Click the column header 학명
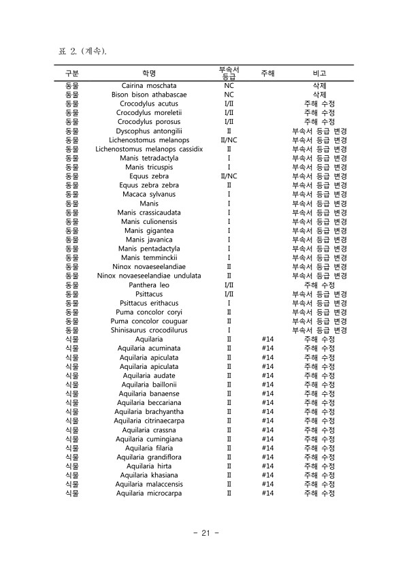click(x=149, y=73)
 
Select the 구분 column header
click(x=71, y=73)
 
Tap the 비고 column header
click(x=319, y=73)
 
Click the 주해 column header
click(x=267, y=73)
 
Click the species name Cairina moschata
click(x=149, y=86)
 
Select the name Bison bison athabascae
click(x=149, y=95)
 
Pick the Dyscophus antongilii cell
click(x=149, y=131)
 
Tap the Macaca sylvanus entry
click(x=149, y=194)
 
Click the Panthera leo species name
click(x=149, y=285)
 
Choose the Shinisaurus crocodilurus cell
click(x=149, y=330)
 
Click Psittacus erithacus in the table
click(x=149, y=303)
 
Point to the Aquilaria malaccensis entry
click(x=149, y=484)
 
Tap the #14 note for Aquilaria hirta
click(x=267, y=466)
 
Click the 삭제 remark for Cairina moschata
click(x=319, y=86)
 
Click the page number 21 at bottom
click(x=206, y=532)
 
